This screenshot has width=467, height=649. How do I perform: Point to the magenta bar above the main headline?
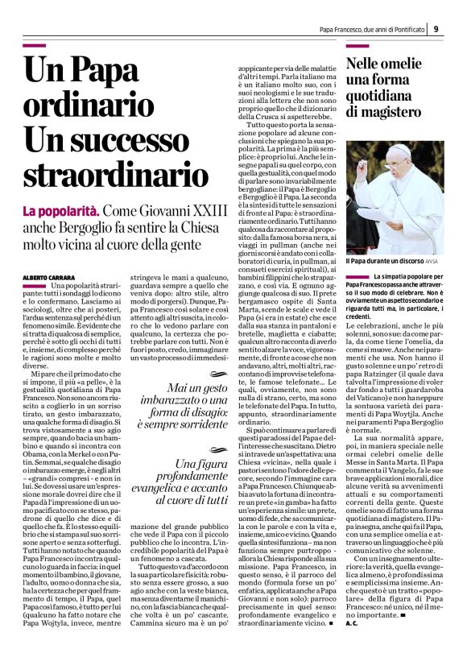coord(45,45)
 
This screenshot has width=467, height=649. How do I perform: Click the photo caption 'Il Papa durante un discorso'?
coord(379,261)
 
